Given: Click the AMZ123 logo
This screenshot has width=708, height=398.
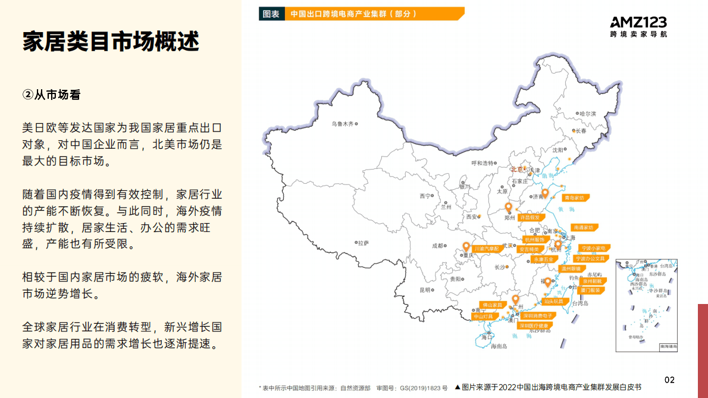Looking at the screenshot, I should coord(638,27).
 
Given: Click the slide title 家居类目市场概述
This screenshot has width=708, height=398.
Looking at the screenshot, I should coord(111,42).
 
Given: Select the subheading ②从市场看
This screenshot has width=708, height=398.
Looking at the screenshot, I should coord(51,95).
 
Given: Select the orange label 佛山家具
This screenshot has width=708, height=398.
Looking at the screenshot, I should coord(491,305).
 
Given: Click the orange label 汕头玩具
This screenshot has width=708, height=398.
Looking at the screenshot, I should coord(553,302).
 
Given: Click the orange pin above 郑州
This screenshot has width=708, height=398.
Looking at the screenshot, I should coord(508,207).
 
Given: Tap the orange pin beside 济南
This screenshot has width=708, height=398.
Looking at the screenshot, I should coord(544,193).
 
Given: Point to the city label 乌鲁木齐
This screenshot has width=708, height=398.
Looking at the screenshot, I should coord(343,124).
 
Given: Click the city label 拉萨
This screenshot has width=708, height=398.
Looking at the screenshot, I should coord(363,243).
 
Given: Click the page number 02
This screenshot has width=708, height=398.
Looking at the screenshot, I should coord(669,380).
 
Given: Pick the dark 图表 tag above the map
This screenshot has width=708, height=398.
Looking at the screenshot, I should coord(271,14).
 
